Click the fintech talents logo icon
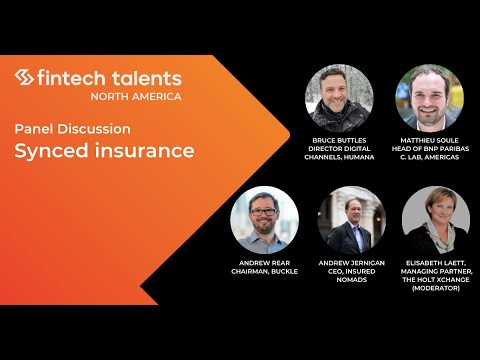tap(24, 78)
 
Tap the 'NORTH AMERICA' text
tap(135, 96)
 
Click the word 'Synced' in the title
tap(49, 151)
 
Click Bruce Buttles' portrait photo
tap(339, 97)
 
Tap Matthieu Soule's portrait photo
tap(431, 97)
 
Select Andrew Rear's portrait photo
tap(264, 220)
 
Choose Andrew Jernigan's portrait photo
tap(351, 220)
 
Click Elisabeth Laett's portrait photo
tap(436, 220)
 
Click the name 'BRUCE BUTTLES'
tap(339, 141)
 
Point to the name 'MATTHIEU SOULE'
tap(431, 141)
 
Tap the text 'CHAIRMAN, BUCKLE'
tap(264, 271)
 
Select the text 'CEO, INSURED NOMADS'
tap(351, 275)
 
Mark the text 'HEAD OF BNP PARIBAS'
tap(431, 150)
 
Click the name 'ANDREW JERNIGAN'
tap(351, 262)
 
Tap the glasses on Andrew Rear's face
tap(264, 211)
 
